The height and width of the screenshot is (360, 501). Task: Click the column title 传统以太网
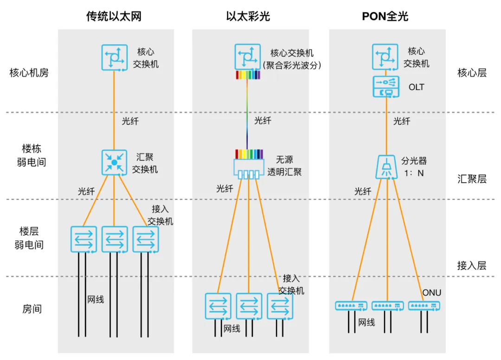click(x=114, y=17)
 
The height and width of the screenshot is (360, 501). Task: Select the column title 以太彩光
click(x=248, y=17)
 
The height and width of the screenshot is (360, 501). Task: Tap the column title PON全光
click(x=385, y=17)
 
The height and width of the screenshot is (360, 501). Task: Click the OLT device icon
click(x=386, y=87)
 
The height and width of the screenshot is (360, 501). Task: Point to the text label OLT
click(x=416, y=87)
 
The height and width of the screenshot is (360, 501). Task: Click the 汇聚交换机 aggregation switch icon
click(x=114, y=163)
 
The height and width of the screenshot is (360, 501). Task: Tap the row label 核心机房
click(x=29, y=73)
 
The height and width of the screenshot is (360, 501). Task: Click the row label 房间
click(x=32, y=309)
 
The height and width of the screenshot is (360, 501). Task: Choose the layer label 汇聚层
click(x=472, y=179)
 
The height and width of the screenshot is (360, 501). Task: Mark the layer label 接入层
click(x=472, y=265)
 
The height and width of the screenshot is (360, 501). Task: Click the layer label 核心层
click(x=472, y=73)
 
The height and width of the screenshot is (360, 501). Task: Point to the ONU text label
click(x=431, y=293)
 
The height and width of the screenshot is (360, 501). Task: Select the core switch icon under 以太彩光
click(x=247, y=57)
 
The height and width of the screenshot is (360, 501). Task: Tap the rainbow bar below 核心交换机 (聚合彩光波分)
click(x=248, y=75)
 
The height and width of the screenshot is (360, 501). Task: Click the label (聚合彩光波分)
click(x=292, y=65)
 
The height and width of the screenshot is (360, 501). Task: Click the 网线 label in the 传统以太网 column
click(x=96, y=299)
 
